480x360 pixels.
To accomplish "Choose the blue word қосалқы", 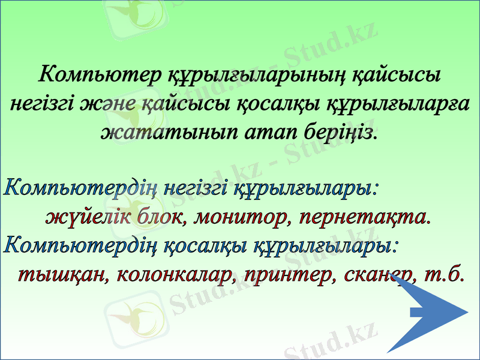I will [x=203, y=246].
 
